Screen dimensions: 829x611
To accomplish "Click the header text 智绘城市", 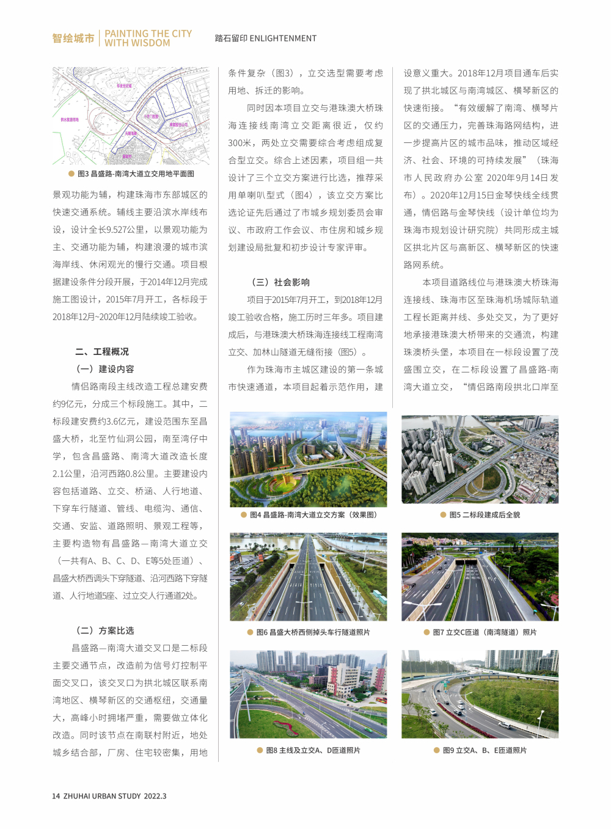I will pos(73,38).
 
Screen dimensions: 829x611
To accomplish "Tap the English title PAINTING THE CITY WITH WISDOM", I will pos(148,38).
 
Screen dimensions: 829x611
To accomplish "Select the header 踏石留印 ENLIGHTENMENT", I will pos(266,38).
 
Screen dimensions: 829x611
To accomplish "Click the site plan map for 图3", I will pos(131,115).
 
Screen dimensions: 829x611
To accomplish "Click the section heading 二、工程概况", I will pos(102,352).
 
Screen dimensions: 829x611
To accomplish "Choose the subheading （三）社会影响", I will pos(280,282).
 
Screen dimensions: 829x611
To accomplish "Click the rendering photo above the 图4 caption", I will pos(308,459).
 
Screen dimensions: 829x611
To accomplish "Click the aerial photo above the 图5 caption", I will pos(480,459).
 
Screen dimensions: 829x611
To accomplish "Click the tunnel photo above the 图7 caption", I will pos(480,577).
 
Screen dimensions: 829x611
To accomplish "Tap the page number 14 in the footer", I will pos(56,796).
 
